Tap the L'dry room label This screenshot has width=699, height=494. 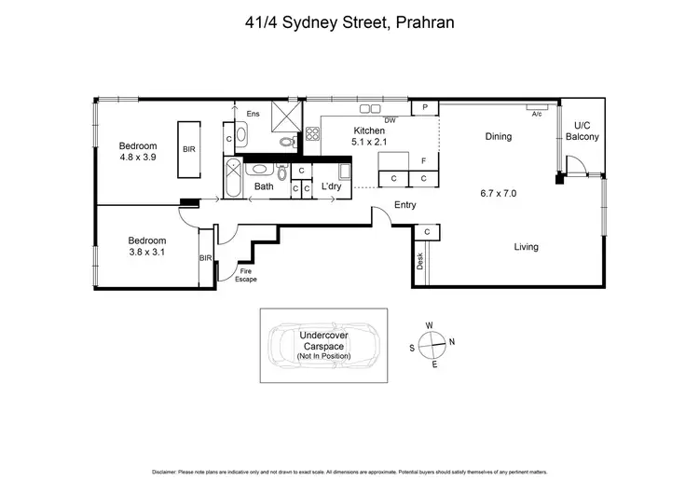[x=330, y=186]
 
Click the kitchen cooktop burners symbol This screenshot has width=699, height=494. [x=311, y=133]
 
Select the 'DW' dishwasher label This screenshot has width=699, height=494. [x=390, y=120]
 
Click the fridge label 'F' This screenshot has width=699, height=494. [x=423, y=161]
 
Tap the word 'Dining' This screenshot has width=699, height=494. [x=499, y=137]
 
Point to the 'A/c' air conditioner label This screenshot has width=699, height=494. [x=537, y=115]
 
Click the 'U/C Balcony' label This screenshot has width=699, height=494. [x=582, y=130]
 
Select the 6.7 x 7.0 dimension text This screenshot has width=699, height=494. [x=498, y=193]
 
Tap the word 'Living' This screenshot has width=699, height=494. [x=526, y=247]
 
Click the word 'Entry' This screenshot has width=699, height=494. [x=405, y=205]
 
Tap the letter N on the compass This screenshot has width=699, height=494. [x=452, y=342]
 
